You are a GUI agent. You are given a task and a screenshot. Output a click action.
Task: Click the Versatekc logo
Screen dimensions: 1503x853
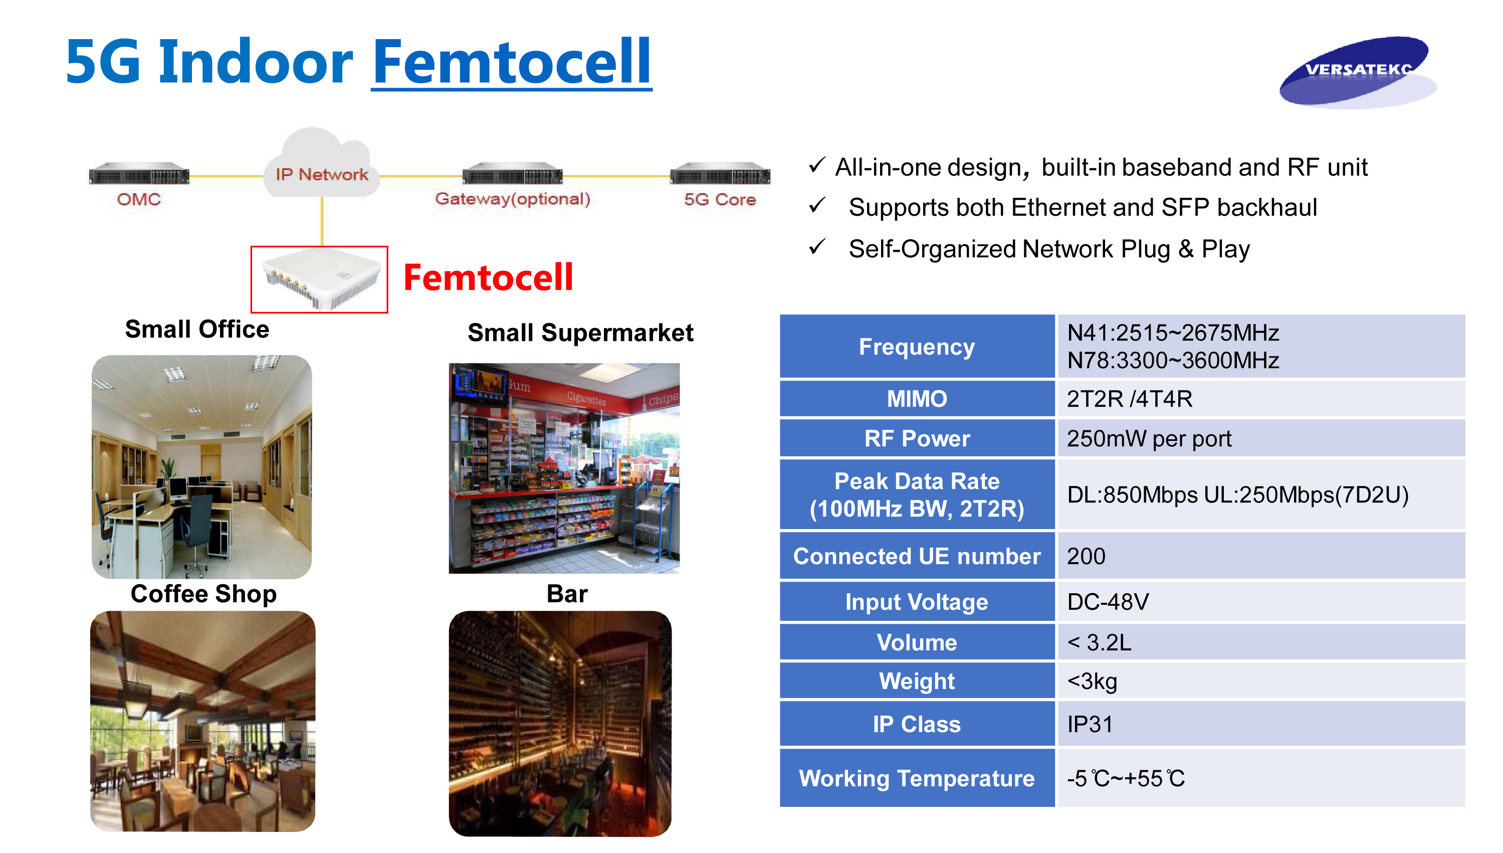tap(1357, 72)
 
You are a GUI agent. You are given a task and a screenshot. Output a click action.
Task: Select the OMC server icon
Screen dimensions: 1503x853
tap(139, 174)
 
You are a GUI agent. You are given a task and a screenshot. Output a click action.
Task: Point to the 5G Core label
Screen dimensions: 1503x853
tap(720, 200)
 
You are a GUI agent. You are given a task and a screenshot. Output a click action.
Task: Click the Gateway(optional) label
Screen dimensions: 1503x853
tap(512, 199)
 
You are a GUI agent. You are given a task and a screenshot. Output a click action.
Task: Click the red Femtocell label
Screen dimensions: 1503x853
tap(488, 277)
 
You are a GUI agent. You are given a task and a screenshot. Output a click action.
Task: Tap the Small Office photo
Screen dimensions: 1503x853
tap(201, 466)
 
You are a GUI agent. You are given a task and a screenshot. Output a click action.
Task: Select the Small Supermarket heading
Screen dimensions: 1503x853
tap(580, 333)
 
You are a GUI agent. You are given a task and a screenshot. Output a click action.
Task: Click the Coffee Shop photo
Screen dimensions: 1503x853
tap(202, 721)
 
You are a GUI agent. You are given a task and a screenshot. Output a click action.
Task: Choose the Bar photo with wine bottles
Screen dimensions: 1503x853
tap(560, 723)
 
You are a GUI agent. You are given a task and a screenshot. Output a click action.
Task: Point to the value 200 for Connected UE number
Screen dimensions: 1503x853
tap(1086, 556)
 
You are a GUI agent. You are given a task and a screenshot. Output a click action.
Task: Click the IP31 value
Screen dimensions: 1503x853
tap(1089, 724)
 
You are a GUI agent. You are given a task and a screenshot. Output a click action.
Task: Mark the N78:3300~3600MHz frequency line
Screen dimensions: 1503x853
tap(1173, 360)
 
